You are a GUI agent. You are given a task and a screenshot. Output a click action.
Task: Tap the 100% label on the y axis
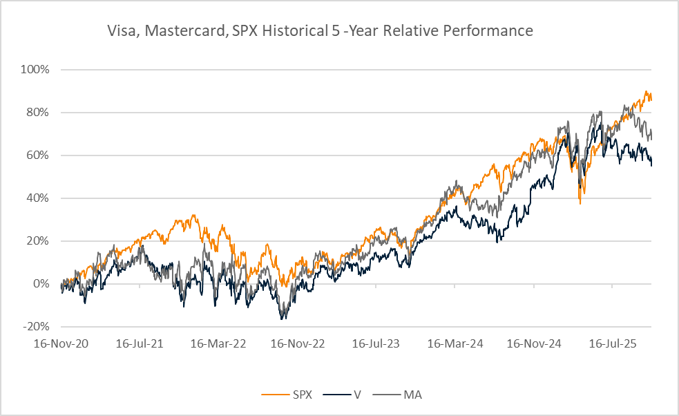tap(37, 70)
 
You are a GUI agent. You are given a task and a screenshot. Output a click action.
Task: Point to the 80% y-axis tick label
tap(39, 113)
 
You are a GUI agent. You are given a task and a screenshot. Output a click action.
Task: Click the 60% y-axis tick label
tap(39, 155)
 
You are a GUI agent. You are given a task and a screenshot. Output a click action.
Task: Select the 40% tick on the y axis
tap(39, 198)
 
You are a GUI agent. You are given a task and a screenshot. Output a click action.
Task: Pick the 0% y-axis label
tap(41, 284)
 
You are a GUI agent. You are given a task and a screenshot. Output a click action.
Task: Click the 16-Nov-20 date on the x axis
tap(61, 342)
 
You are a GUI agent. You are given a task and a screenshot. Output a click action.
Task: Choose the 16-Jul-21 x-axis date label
tap(140, 342)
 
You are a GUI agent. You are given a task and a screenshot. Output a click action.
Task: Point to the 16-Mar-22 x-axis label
tap(218, 342)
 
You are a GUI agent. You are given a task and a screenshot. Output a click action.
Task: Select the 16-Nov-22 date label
tap(297, 342)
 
